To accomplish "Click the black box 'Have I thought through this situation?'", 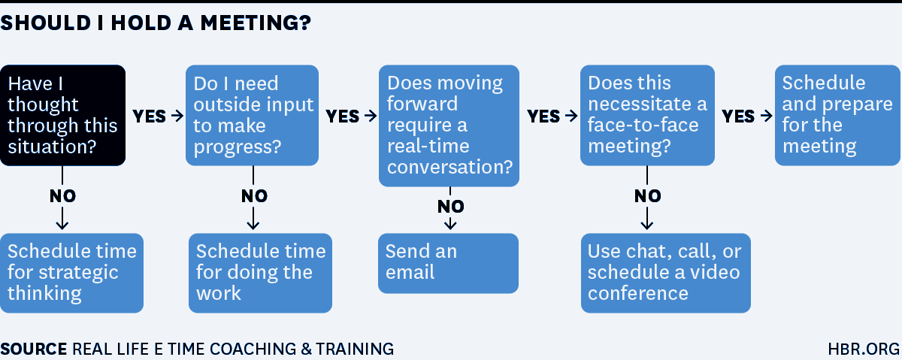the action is pos(63,115).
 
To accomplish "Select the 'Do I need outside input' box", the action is pos(252,115).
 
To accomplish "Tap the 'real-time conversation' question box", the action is pos(449,126).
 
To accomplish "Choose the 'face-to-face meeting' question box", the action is pos(647,115).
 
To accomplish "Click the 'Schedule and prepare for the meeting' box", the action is pos(837,115).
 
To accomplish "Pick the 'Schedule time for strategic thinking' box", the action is pos(71,273).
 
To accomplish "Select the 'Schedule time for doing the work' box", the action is pos(261,273).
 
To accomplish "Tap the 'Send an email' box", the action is pos(448,263).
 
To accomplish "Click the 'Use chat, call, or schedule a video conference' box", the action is pos(666,273).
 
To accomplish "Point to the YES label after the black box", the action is pos(149,116).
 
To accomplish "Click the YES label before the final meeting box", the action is pos(738,116).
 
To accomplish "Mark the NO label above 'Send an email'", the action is pos(450,207).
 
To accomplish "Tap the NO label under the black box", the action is pos(62,196).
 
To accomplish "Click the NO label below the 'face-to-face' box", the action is pos(647,196).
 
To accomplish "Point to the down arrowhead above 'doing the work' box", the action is pos(253,224).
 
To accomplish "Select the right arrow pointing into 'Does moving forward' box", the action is pos(371,116).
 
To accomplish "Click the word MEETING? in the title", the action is pos(256,23).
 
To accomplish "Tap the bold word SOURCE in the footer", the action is pos(33,349).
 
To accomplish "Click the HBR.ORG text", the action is pos(864,349).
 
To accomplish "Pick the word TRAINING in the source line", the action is pos(355,349).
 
